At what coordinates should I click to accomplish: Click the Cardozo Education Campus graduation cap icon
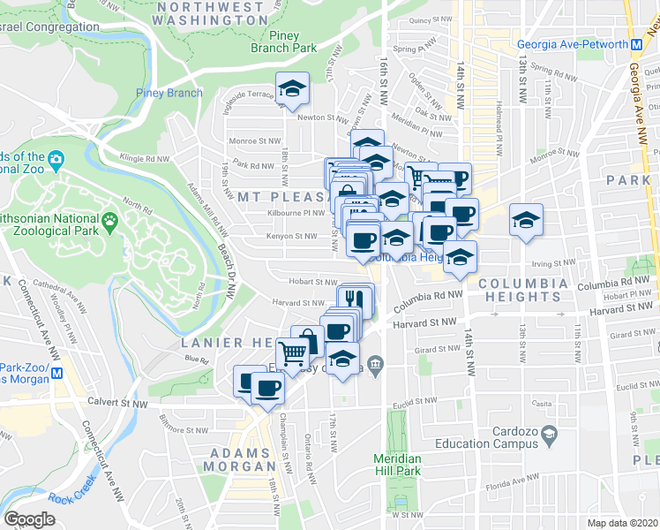coord(549,435)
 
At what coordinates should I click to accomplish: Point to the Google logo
coord(29,519)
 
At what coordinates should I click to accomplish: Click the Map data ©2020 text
coord(621,522)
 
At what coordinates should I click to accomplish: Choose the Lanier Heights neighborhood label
coord(221,342)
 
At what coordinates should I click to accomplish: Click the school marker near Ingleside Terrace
coord(289,88)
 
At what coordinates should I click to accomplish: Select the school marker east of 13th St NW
coord(526,222)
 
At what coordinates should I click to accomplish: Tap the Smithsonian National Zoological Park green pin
coord(110,220)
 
